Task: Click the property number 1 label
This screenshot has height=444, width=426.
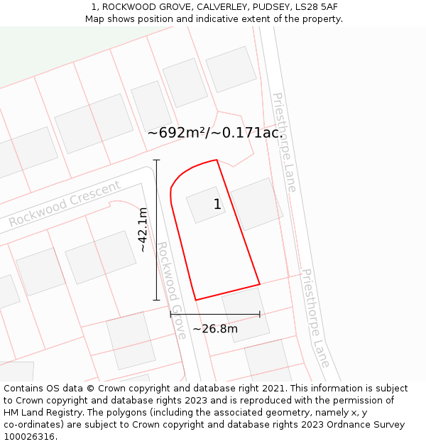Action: tap(217, 205)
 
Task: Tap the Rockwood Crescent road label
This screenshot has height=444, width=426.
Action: tap(65, 205)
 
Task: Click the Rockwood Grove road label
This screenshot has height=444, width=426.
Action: tap(172, 290)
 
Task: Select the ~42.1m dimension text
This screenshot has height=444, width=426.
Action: tap(143, 229)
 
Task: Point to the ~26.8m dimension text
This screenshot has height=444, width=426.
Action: tap(214, 328)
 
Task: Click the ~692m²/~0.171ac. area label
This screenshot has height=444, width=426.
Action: tap(215, 133)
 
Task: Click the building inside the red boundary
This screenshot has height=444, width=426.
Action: tap(206, 205)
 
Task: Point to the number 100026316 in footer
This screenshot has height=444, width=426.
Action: tap(28, 437)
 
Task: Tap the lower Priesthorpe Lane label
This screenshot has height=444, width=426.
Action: tap(315, 318)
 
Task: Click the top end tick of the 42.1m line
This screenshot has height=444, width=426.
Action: tap(157, 160)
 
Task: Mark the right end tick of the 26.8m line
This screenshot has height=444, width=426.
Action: tap(260, 314)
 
